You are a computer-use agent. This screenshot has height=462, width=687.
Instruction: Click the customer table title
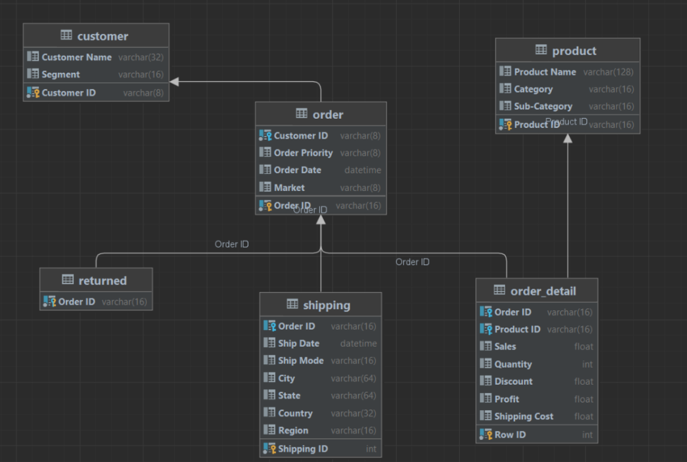point(102,36)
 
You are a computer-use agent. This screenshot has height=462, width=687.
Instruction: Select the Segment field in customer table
point(61,74)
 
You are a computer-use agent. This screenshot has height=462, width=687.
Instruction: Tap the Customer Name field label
point(77,57)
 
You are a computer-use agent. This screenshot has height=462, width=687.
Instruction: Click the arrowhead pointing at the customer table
point(174,82)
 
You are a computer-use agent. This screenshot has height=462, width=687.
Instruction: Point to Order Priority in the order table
point(303,153)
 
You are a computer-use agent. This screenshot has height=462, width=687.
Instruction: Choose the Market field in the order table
point(289,188)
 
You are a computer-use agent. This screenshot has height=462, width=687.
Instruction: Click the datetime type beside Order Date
point(363,170)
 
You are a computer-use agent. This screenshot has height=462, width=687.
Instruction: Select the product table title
point(574,51)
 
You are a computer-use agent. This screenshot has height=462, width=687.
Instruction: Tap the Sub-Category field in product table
point(543,106)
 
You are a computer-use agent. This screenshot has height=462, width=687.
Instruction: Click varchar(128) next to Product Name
point(608,72)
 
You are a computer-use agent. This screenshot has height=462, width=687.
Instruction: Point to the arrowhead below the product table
point(568,138)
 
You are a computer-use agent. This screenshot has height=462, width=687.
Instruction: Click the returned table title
point(102,281)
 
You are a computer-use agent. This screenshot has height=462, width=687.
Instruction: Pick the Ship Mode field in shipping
point(301,361)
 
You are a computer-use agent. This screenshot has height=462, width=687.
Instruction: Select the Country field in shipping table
point(295,413)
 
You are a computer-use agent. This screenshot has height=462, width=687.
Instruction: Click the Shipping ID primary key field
point(303,449)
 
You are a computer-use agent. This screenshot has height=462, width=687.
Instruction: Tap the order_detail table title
point(543,292)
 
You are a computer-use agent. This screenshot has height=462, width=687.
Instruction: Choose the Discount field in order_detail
point(513,381)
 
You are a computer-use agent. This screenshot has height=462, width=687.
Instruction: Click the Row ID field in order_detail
point(510,435)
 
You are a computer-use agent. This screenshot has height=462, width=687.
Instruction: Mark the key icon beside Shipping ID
point(269,449)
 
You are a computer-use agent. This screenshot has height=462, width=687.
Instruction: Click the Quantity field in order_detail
point(513,364)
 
